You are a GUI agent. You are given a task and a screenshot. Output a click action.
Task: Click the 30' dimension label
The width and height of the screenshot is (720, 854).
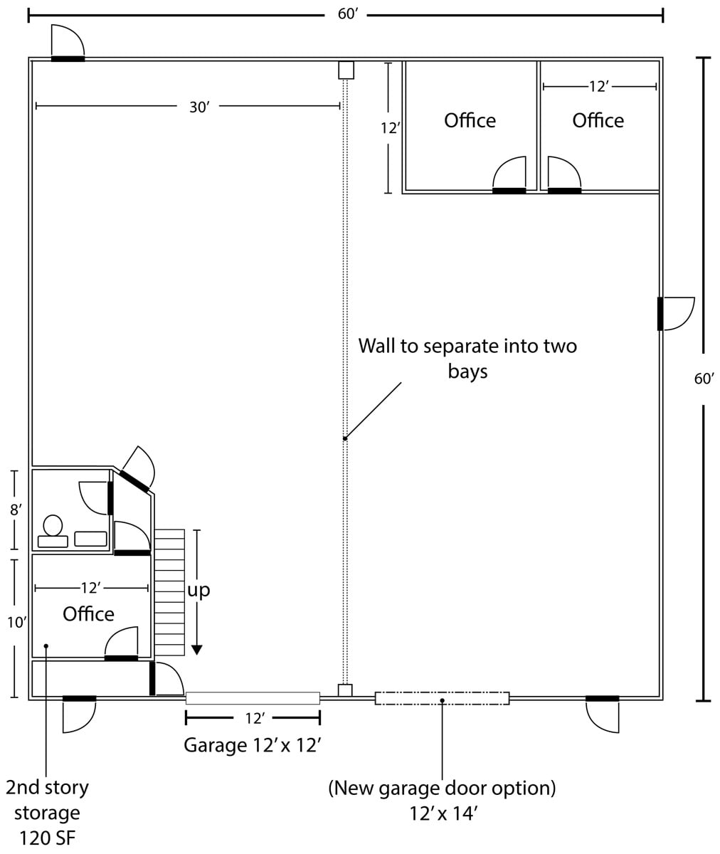coord(199,107)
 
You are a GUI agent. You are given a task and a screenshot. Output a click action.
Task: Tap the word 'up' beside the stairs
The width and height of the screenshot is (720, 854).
coord(198,591)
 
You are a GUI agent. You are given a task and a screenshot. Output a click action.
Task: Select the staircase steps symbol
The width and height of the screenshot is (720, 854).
coord(169,593)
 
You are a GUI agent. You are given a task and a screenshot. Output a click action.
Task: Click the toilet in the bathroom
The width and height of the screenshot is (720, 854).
coord(53,532)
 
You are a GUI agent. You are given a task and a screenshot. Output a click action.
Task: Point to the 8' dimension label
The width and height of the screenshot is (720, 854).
coord(16,510)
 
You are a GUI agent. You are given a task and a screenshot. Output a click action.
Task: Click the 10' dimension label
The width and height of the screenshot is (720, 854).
coord(17,623)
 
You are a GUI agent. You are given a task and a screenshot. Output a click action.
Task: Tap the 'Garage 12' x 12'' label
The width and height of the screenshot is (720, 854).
coord(253,745)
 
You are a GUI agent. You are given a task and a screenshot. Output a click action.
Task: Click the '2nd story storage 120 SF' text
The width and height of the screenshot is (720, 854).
coord(48,813)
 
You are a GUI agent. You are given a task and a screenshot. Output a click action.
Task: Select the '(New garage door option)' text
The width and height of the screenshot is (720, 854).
coord(442,788)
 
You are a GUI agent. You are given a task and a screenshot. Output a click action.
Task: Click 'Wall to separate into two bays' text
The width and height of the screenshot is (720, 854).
coord(467,358)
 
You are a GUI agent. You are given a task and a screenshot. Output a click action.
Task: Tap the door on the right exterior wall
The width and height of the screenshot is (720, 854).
coord(675,314)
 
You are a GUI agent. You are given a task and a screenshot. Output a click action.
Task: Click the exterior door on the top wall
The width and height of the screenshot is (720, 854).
coord(68,43)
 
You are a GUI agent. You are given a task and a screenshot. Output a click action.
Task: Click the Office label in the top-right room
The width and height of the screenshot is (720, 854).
coord(598,121)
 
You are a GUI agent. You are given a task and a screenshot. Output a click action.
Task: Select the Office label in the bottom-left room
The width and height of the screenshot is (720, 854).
coord(88,614)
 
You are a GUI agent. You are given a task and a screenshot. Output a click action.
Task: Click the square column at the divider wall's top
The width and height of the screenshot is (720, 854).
coord(346,70)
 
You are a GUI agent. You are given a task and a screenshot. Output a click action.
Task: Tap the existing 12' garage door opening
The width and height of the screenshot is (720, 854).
coord(253,698)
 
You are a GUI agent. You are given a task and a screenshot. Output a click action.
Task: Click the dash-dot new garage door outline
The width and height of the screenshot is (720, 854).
coord(442,698)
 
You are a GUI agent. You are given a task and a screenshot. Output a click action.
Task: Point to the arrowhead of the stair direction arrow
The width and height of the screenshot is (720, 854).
coord(197,650)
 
